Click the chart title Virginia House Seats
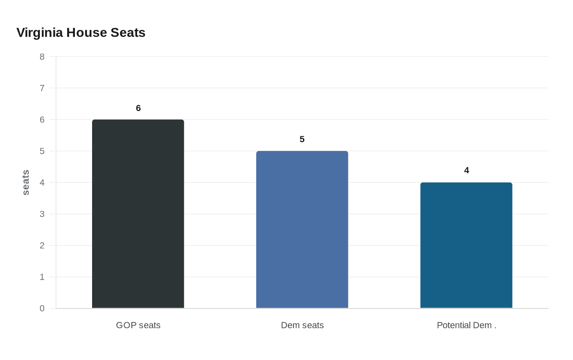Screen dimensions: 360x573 pyautogui.click(x=81, y=33)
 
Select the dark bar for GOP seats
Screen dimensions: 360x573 pyautogui.click(x=138, y=214)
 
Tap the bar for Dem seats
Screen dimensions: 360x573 pyautogui.click(x=302, y=229)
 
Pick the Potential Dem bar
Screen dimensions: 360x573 pyautogui.click(x=466, y=245)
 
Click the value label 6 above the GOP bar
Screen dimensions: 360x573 pyautogui.click(x=138, y=108)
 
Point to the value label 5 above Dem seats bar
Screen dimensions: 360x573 pyautogui.click(x=302, y=139)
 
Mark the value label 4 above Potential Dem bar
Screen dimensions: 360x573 pyautogui.click(x=466, y=171)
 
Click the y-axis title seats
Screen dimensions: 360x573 pyautogui.click(x=26, y=182)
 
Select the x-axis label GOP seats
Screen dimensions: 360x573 pyautogui.click(x=138, y=325)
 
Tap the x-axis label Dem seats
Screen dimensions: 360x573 pyautogui.click(x=302, y=325)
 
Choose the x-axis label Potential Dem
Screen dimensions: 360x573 pyautogui.click(x=466, y=325)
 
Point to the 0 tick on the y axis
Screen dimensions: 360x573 pyautogui.click(x=42, y=308)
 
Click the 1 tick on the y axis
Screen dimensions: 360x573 pyautogui.click(x=42, y=277)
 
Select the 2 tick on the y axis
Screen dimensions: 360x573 pyautogui.click(x=42, y=245)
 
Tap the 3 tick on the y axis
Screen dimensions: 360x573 pyautogui.click(x=42, y=214)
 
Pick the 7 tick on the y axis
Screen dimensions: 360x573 pyautogui.click(x=42, y=88)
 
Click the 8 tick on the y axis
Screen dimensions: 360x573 pyautogui.click(x=42, y=56)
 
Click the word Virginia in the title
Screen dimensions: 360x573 pyautogui.click(x=40, y=33)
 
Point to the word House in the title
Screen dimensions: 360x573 pyautogui.click(x=81, y=33)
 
